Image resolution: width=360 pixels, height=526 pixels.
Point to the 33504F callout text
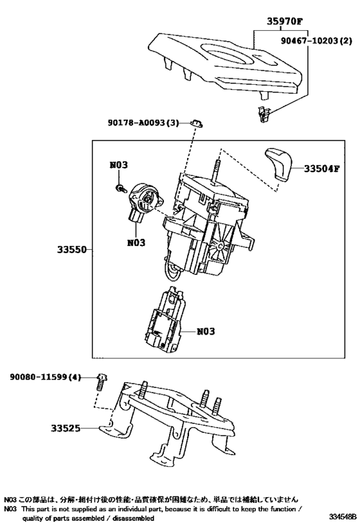(x=321, y=170)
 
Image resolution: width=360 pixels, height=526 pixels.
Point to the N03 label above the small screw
(x=118, y=165)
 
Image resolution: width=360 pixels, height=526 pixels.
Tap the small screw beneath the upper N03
(x=120, y=187)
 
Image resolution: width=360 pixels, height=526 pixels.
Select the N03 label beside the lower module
(x=205, y=331)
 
